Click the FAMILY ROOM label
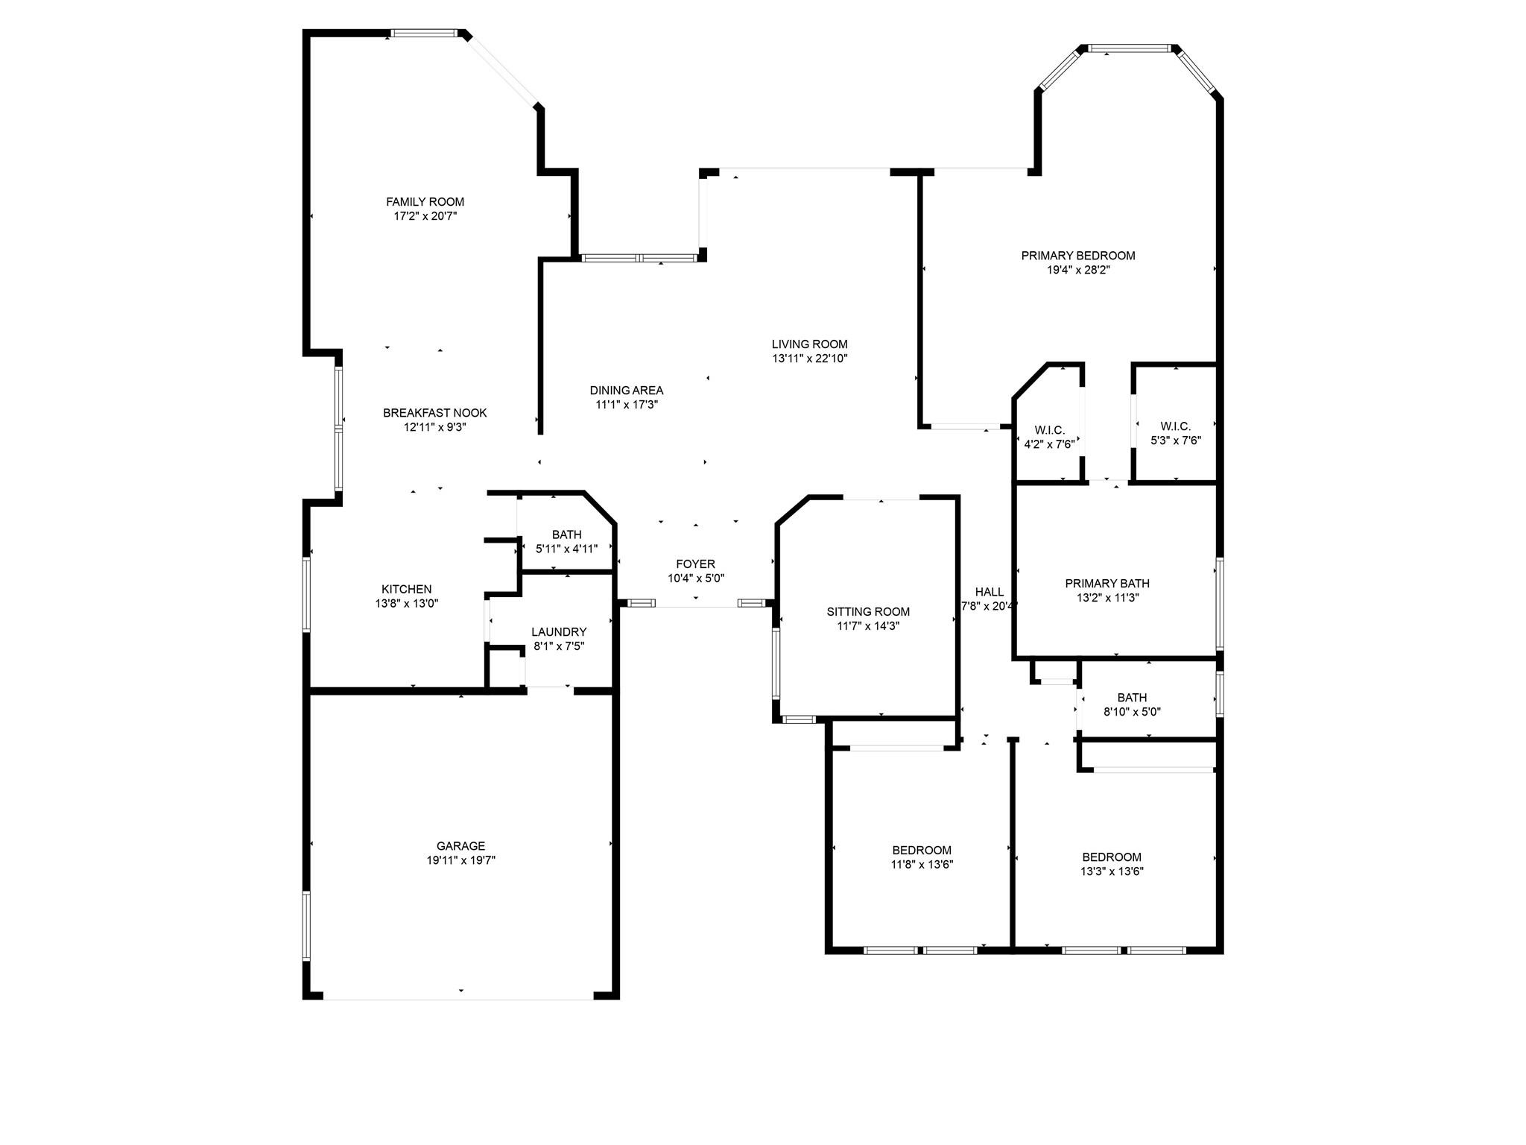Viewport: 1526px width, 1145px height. (x=425, y=202)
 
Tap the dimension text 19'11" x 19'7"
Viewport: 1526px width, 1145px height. (x=460, y=860)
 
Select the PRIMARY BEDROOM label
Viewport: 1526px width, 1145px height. (x=1077, y=256)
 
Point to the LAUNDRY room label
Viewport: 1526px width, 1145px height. (x=559, y=632)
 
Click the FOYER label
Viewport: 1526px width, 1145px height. (x=695, y=564)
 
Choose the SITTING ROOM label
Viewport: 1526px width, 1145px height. (x=868, y=612)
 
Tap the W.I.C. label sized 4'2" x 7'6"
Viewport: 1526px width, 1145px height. (x=1049, y=431)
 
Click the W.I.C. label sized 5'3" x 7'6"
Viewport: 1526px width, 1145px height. (x=1175, y=426)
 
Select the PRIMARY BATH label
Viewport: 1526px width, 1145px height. (x=1106, y=584)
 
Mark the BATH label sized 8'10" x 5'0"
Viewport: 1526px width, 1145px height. (x=1131, y=698)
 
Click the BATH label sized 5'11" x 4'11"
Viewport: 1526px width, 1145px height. (x=566, y=534)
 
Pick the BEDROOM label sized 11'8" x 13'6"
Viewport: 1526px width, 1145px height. (x=922, y=851)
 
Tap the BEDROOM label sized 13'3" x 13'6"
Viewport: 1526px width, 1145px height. (x=1111, y=857)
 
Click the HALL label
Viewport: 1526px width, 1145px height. (x=989, y=592)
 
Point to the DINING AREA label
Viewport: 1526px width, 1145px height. (x=626, y=391)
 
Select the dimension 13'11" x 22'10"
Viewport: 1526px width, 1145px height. (x=809, y=359)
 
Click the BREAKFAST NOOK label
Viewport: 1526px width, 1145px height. (x=434, y=413)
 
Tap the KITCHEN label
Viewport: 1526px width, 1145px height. (x=406, y=590)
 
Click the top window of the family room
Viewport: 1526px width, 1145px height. (x=424, y=33)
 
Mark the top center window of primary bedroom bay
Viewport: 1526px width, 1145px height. (x=1128, y=48)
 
